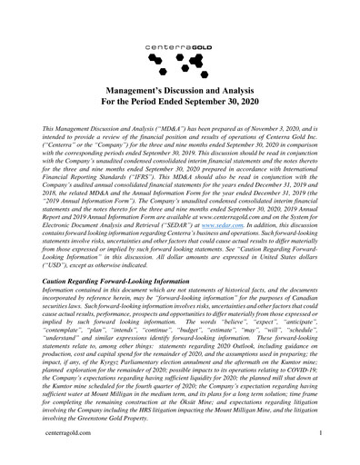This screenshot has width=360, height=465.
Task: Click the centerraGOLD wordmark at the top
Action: [x=180, y=43]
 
